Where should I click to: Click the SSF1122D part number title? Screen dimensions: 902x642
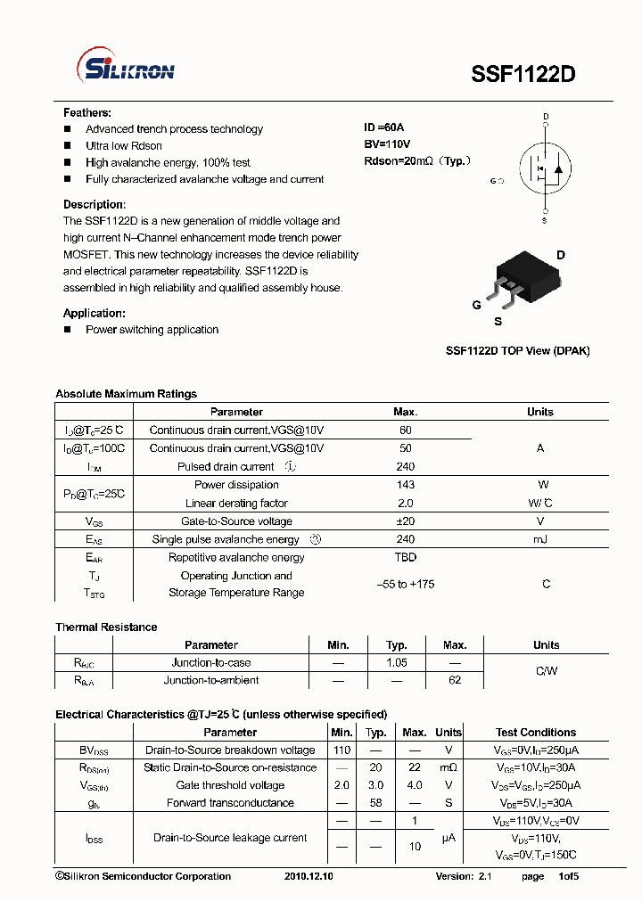click(x=523, y=75)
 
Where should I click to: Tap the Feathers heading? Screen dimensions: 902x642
click(x=87, y=113)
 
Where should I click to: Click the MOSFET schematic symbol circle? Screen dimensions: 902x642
click(x=545, y=168)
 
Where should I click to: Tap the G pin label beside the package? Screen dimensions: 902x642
click(x=477, y=305)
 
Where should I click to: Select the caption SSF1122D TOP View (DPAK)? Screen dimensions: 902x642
click(x=517, y=351)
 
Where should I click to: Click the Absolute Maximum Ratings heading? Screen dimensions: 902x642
click(x=126, y=394)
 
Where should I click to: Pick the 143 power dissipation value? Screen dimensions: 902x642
click(x=406, y=485)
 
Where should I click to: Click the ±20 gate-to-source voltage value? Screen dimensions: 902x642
click(x=406, y=521)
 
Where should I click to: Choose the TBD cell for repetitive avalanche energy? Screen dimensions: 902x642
click(x=406, y=557)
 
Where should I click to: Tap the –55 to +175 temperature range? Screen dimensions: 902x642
click(x=406, y=584)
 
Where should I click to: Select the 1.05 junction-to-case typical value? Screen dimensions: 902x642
click(x=397, y=663)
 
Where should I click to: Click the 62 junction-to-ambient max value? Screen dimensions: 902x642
click(x=455, y=680)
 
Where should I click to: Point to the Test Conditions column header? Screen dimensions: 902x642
click(x=536, y=733)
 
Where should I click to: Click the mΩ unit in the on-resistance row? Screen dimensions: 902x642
click(x=448, y=767)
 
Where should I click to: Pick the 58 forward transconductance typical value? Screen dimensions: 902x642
click(x=376, y=803)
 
